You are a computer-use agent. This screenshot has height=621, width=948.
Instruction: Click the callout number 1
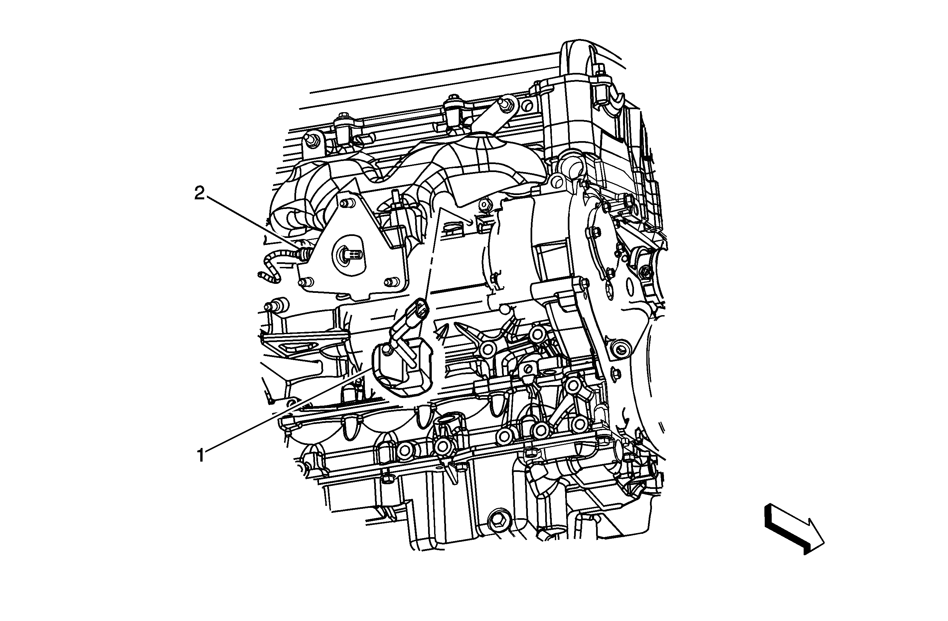[x=201, y=456]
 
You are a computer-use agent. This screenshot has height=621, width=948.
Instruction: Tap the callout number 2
[x=200, y=194]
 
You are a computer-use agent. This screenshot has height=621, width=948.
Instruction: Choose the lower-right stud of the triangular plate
[x=389, y=282]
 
